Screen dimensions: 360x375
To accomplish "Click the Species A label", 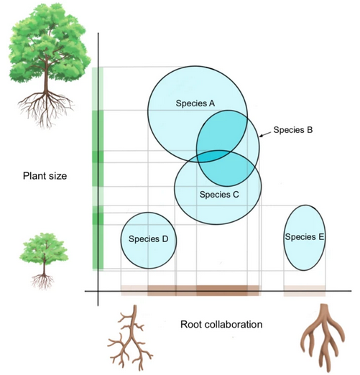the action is click(x=195, y=103).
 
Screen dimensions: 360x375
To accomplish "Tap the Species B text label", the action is click(x=293, y=130).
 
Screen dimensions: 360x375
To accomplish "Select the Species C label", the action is click(x=219, y=195).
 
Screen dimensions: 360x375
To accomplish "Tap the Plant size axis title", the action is click(x=45, y=176).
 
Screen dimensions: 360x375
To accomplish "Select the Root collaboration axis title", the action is click(x=221, y=325).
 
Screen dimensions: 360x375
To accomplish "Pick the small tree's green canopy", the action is click(x=44, y=249).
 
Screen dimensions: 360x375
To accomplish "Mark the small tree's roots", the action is click(x=43, y=281).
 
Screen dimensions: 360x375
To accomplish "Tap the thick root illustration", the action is click(x=322, y=338).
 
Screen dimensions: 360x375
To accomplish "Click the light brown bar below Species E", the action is click(x=305, y=291).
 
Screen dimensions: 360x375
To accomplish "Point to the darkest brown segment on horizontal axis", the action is click(x=222, y=290).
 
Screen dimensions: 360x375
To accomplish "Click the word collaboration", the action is click(x=234, y=325).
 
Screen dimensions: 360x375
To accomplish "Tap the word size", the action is click(x=58, y=176).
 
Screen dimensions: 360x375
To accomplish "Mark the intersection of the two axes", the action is click(x=98, y=291).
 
